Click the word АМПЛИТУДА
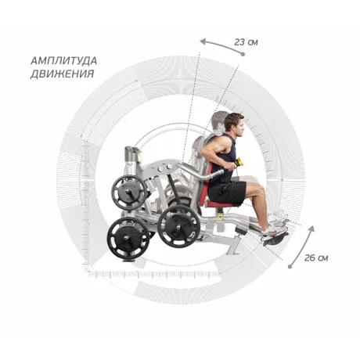click(x=64, y=61)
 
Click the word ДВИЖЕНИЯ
click(x=63, y=74)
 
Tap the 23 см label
click(x=246, y=42)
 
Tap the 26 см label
click(x=316, y=258)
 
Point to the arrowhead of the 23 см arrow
click(x=203, y=41)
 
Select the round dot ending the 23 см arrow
click(x=243, y=54)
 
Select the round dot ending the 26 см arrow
click(x=290, y=267)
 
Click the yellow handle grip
click(x=239, y=162)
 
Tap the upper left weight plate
click(x=129, y=193)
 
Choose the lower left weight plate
click(x=128, y=237)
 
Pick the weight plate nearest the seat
click(x=179, y=226)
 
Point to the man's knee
click(x=261, y=189)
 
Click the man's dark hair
click(x=232, y=121)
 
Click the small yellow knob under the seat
click(x=220, y=216)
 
